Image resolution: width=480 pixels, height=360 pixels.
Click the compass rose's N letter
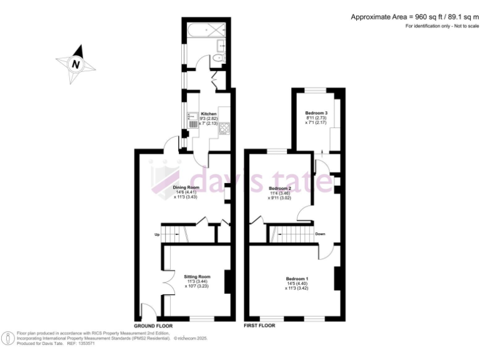(x=76, y=64)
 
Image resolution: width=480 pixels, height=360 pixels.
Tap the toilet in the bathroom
(x=217, y=58)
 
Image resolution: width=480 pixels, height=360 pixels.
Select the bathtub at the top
(x=198, y=29)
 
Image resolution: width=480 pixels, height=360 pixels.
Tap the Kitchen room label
(x=208, y=114)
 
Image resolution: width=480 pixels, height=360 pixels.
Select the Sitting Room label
(x=197, y=276)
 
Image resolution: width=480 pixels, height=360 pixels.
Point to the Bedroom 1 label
(x=297, y=279)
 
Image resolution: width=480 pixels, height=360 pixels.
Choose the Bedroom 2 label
(x=279, y=188)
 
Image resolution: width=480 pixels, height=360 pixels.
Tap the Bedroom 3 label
(x=316, y=113)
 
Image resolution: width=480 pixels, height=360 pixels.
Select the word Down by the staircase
(x=319, y=234)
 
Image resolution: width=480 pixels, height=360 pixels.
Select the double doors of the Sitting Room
(x=166, y=281)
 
